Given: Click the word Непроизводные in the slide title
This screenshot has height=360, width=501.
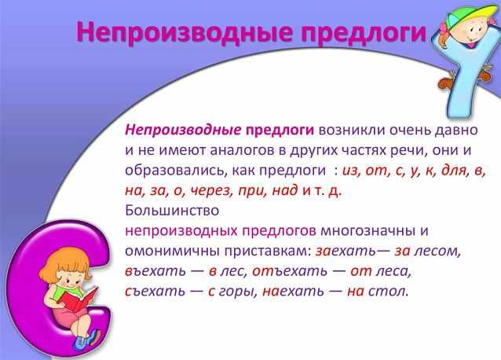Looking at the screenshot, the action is tap(185, 32).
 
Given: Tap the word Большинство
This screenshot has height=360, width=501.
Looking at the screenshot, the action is tap(172, 211).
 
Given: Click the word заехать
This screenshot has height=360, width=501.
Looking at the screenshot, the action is tap(346, 251).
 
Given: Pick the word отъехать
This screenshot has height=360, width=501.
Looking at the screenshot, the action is tap(290, 271).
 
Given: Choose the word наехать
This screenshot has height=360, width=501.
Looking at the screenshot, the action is tap(293, 291).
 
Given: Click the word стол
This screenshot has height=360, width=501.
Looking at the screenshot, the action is tap(388, 291).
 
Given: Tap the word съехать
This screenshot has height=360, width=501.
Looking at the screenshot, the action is tap(155, 291).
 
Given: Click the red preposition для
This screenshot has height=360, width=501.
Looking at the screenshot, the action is tap(455, 171).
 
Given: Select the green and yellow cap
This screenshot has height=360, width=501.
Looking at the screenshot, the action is tap(468, 15).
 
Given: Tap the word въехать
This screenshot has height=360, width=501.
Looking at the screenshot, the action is tap(155, 271).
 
